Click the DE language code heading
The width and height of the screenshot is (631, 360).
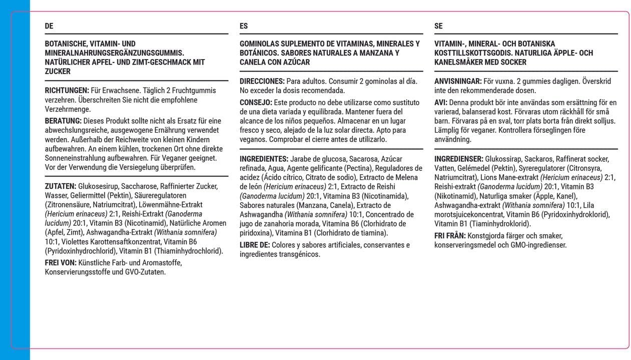pos(49,26)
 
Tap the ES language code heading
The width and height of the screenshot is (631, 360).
pos(244,26)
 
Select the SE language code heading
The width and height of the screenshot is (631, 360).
pos(438,26)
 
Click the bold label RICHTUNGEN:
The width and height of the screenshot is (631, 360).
pos(67,91)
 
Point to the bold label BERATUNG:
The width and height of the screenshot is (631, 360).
pos(63,121)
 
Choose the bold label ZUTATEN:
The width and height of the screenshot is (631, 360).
pos(61,186)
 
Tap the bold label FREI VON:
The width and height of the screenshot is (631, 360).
pos(61,262)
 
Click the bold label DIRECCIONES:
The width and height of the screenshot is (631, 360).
pos(262,81)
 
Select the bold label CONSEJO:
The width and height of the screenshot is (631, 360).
pos(256,102)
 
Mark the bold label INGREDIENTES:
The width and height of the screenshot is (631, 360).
pos(264,159)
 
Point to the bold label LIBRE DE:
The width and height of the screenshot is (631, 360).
pos(255,245)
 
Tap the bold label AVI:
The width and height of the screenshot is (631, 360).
pos(441,102)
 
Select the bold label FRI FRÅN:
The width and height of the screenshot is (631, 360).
pos(450,235)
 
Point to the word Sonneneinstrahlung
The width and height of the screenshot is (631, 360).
pos(73,158)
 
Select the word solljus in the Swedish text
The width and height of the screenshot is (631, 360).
pos(604,121)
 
